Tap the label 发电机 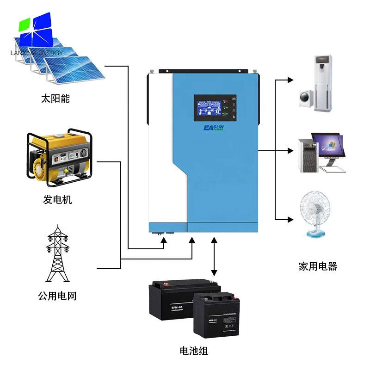tap(58, 200)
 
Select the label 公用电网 tap(57, 296)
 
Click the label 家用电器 tap(318, 266)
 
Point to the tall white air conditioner tap(323, 83)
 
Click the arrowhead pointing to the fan tap(290, 219)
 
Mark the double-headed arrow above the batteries tap(214, 257)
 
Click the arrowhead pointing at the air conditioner tap(290, 80)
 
